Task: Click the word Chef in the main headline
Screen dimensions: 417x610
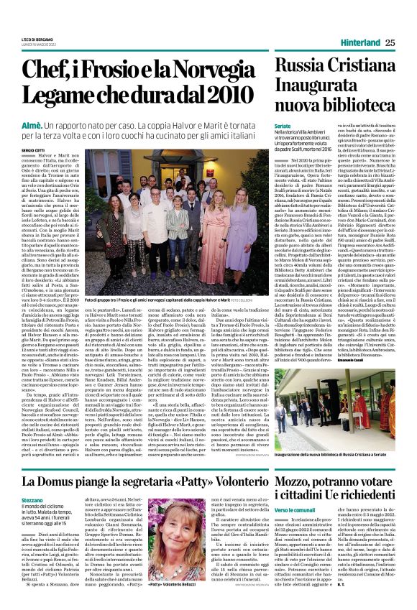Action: click(54, 70)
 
